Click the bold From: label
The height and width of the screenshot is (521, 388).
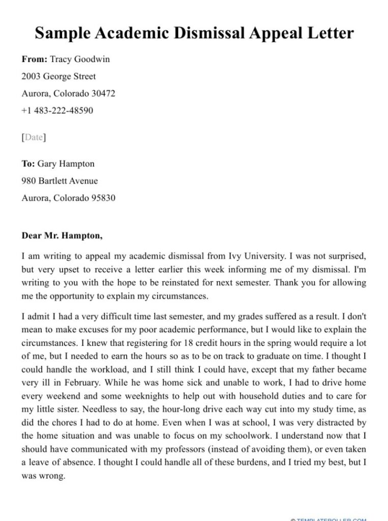coord(34,59)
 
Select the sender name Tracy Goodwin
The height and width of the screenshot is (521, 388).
coord(79,59)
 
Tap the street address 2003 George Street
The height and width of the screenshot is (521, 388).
coord(58,76)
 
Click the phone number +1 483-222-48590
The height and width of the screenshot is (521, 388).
coord(57,110)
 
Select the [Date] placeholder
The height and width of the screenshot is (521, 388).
coord(34,137)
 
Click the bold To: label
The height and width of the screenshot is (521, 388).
coord(28,164)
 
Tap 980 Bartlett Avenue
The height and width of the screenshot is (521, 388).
coord(59,181)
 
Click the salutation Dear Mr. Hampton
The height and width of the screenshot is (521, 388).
coord(62,236)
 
